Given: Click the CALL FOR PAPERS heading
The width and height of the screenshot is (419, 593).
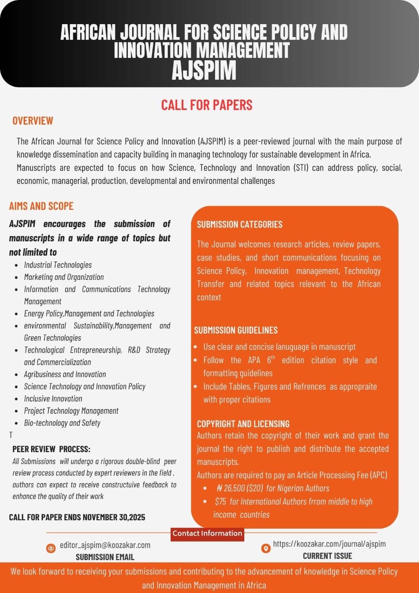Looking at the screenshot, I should click(x=207, y=105).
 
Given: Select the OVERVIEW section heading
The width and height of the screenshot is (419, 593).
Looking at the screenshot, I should click(x=33, y=121).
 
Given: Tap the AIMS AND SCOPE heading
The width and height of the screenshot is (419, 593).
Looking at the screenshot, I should click(x=41, y=206).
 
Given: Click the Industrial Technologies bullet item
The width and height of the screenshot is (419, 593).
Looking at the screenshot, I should click(x=58, y=265).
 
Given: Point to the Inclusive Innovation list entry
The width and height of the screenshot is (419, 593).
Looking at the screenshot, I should click(x=53, y=398).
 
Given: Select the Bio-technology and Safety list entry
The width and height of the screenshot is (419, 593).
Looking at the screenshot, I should click(x=62, y=423).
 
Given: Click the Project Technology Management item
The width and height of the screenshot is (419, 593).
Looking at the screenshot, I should click(x=71, y=410).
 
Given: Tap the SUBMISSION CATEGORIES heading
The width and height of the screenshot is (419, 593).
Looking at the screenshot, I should click(x=240, y=225).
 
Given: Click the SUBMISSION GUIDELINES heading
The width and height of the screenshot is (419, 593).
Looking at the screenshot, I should click(x=236, y=330).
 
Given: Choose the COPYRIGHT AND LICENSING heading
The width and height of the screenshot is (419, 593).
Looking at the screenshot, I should click(x=243, y=423).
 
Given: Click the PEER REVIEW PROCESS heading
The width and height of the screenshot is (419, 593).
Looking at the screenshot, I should click(x=51, y=449).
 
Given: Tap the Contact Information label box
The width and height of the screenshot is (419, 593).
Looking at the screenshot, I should click(x=207, y=533).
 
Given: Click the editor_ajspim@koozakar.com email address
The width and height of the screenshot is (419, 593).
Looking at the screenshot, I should click(x=105, y=545).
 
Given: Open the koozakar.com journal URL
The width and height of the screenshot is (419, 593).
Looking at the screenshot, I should click(x=330, y=544).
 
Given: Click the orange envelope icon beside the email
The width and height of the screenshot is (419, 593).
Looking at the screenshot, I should click(x=51, y=549).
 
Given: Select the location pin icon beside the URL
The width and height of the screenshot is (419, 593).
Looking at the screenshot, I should click(x=266, y=549).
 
